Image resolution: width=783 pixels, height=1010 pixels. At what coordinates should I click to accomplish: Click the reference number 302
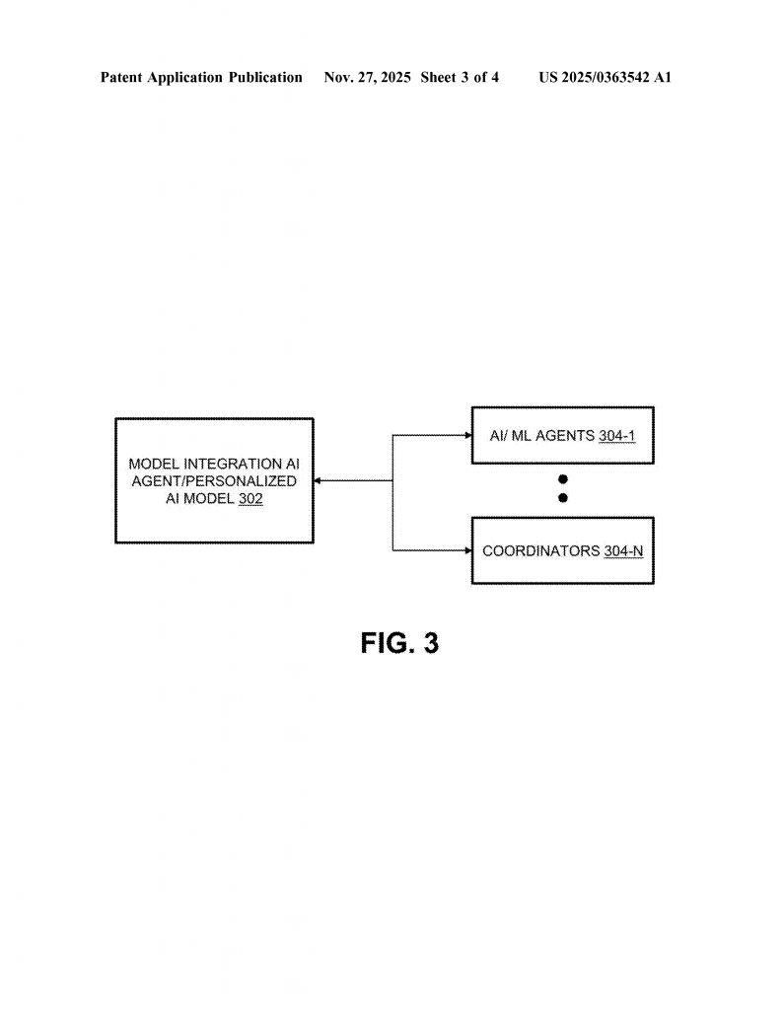250,500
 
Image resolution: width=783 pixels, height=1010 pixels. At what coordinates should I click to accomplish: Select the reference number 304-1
616,435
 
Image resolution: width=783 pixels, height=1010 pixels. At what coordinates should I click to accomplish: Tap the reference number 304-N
623,550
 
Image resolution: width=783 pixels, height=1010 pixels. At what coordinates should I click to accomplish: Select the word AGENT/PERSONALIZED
214,481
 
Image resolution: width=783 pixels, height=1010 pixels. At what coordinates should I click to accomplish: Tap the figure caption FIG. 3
399,644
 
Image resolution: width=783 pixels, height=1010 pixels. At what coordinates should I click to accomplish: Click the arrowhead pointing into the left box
319,481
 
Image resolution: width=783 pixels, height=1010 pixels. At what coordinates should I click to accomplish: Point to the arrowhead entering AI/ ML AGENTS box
467,435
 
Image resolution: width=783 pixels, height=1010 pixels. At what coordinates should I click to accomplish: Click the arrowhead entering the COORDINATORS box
467,550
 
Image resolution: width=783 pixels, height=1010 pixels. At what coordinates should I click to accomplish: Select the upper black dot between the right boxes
563,479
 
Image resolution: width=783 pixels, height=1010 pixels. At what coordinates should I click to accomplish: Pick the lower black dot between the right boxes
563,498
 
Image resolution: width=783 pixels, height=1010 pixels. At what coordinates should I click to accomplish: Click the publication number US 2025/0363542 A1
605,77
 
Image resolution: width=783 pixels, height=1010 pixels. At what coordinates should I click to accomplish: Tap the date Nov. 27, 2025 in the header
367,77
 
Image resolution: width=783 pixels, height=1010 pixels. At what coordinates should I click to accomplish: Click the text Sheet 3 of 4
460,77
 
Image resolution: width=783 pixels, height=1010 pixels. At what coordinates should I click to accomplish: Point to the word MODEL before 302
210,500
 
